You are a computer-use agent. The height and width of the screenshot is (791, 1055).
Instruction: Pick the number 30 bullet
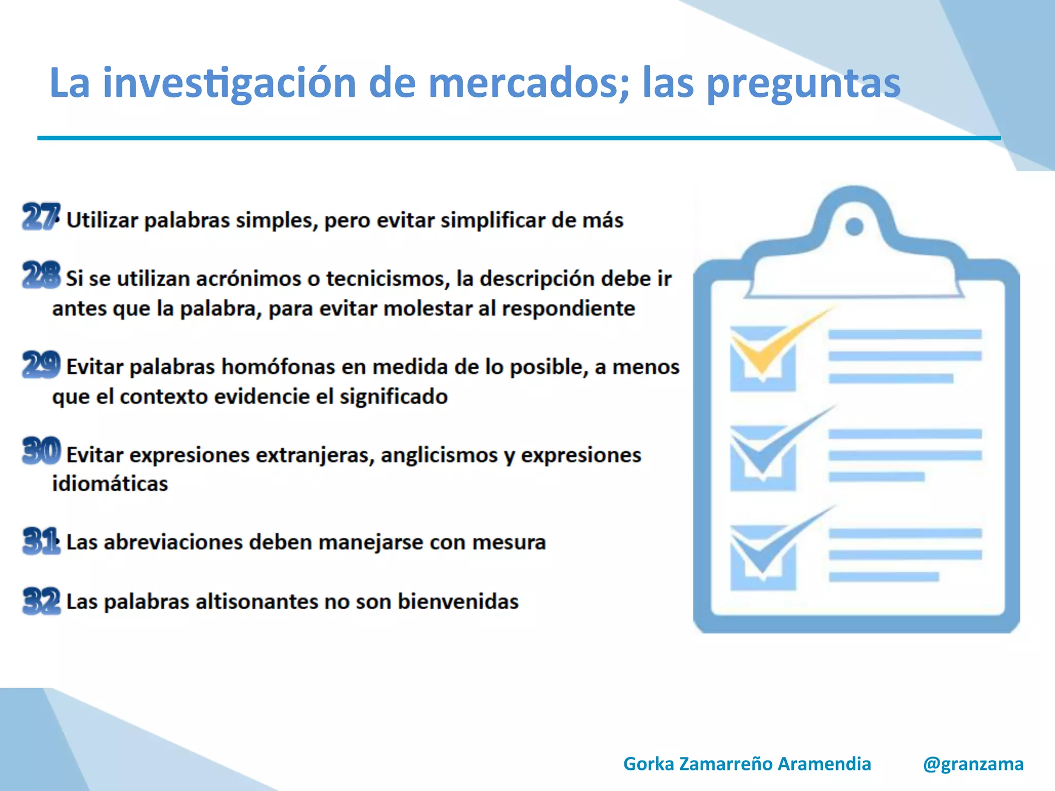(x=41, y=451)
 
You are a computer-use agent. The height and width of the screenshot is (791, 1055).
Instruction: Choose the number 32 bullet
(x=41, y=600)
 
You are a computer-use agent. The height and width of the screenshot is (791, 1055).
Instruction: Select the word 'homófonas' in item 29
(x=278, y=367)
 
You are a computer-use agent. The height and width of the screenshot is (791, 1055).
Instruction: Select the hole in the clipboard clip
(x=855, y=226)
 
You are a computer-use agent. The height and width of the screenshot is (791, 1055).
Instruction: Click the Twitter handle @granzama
(x=973, y=764)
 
